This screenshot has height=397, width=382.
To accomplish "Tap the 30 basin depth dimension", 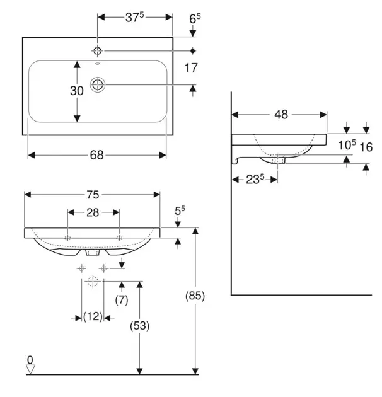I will point(76,91).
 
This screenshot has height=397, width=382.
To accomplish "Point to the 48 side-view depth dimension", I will point(281,115).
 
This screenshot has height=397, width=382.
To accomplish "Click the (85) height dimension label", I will point(195,295).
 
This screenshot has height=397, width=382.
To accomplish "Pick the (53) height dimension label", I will point(140,326).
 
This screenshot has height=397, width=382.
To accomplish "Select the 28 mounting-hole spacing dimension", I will point(93,213).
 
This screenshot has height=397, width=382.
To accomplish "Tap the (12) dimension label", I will point(93,317).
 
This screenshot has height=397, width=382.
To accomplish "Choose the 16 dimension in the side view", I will point(368,147).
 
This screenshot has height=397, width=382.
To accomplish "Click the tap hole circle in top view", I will point(98,50).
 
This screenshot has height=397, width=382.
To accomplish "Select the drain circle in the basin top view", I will point(98,84).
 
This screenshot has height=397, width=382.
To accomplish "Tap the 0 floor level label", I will point(30,360).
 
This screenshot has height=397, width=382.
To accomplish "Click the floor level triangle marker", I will point(30,369).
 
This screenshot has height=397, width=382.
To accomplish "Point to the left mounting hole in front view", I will point(67,238).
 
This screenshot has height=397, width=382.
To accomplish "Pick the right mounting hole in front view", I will point(119,238).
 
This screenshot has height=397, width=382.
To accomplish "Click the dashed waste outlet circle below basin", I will point(93,281).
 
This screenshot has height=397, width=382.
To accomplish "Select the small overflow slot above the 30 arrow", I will point(98,64).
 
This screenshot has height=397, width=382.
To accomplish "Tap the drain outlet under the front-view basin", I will point(93,252).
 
